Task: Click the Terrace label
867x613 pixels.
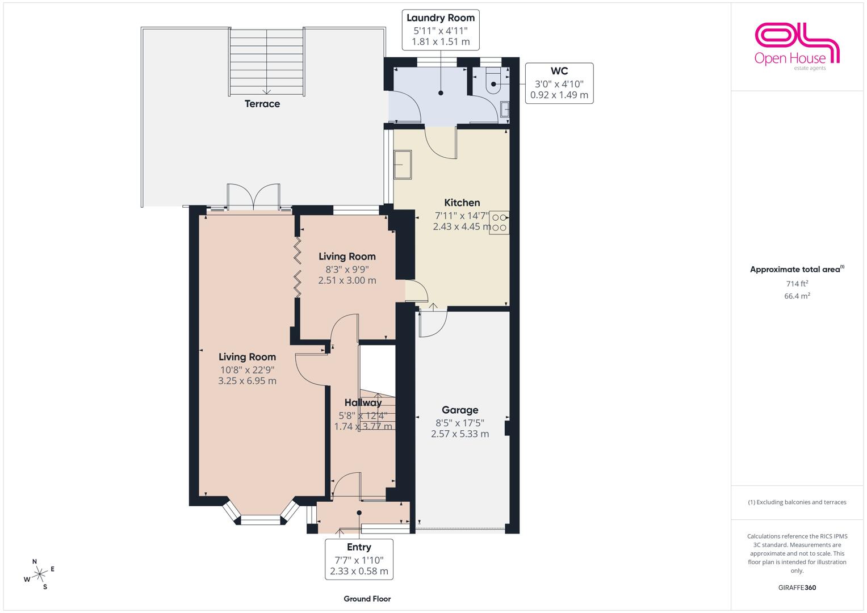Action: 262,104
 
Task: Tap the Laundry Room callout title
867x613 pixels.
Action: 441,18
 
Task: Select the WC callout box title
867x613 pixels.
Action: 559,71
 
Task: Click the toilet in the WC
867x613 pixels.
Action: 493,81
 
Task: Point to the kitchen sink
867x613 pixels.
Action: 403,165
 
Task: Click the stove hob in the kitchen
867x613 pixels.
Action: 499,222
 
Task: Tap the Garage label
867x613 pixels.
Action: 460,410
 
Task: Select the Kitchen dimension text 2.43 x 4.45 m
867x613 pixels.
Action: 462,227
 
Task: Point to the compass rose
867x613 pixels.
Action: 39,574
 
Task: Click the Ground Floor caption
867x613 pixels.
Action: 367,599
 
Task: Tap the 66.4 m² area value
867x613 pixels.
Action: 797,296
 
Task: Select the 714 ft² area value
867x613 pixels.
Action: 797,283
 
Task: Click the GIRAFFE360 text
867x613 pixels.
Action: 797,587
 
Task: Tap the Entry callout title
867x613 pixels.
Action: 359,547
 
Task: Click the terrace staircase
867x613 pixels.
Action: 267,62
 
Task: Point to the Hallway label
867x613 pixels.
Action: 363,402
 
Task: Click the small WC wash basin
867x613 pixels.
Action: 505,109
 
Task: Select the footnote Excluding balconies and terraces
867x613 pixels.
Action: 797,502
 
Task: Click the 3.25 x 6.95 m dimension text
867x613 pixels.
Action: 248,381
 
